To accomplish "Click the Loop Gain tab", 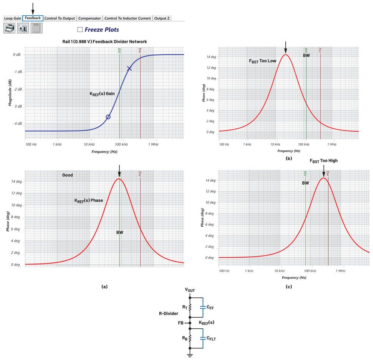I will (x=13, y=18).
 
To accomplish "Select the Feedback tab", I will (x=33, y=18).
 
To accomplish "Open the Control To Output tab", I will (x=60, y=18).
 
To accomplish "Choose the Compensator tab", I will (x=90, y=18).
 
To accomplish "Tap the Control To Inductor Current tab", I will (x=128, y=18).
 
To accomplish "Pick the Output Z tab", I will (x=162, y=18).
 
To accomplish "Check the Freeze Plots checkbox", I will (x=80, y=29).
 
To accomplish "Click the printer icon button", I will (x=9, y=28).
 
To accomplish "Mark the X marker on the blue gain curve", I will (x=129, y=68).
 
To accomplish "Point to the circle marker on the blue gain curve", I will (x=108, y=117).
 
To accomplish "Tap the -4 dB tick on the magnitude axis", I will (x=17, y=123).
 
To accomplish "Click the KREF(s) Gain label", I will (x=102, y=94).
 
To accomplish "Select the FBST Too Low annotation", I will (x=263, y=61).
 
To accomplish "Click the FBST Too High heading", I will (x=323, y=161).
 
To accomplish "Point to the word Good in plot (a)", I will (x=68, y=175).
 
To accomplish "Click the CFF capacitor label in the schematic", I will (x=210, y=308).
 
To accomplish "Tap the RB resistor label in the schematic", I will (x=185, y=338).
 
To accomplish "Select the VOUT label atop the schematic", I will (x=190, y=290).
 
